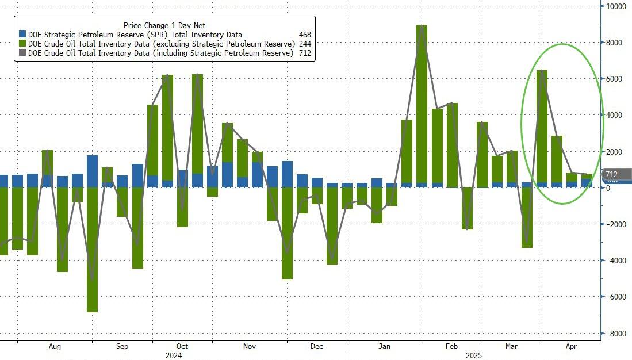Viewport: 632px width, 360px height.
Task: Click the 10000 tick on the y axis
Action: [x=616, y=6]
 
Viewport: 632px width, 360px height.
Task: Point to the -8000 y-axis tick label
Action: [x=616, y=334]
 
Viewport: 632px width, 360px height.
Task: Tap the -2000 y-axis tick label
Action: [x=616, y=224]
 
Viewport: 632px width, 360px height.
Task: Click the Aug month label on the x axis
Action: [x=55, y=347]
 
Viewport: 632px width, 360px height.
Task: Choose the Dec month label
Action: [x=316, y=347]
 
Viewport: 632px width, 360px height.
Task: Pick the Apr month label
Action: [x=570, y=347]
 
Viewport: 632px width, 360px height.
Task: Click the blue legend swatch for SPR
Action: [x=22, y=35]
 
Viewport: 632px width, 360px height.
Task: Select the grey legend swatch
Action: [x=22, y=53]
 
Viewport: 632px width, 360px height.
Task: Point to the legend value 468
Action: [x=305, y=35]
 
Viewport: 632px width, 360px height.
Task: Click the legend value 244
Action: [x=305, y=44]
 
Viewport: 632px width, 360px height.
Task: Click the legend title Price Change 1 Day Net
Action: [x=164, y=25]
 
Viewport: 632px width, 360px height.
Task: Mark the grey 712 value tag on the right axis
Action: [x=612, y=174]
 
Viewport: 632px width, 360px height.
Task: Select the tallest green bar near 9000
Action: [x=422, y=104]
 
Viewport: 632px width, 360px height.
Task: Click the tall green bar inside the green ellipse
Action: [x=542, y=127]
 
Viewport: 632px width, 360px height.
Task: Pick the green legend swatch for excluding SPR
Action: [x=22, y=44]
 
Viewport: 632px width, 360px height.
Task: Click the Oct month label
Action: [x=182, y=347]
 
